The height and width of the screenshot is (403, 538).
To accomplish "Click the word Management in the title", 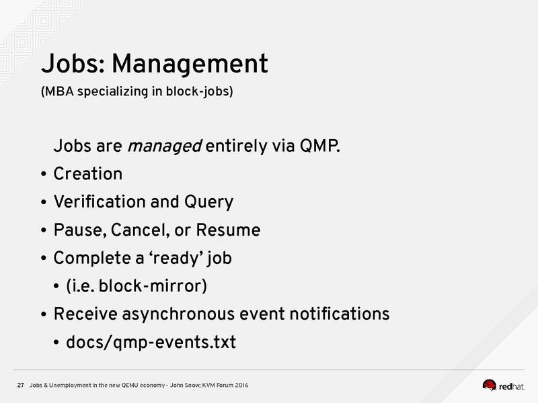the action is coord(190,64).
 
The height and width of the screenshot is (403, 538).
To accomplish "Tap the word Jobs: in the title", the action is coord(73,63).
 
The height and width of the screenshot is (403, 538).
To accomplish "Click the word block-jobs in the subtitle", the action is coord(199,91).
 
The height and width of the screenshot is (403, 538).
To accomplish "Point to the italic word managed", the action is coord(165,146).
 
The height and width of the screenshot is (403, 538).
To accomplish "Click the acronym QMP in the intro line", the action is coord(320,146).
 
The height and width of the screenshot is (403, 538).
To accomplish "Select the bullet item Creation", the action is coord(88,174).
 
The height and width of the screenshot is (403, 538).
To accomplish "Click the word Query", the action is coord(209,202).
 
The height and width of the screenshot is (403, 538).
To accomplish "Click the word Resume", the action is coord(228,230).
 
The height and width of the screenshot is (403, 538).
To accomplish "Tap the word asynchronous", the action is coord(178,314).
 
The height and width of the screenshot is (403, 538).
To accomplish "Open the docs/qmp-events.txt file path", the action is coord(151,343).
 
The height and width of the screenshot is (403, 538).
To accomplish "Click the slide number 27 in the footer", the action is coord(21,385).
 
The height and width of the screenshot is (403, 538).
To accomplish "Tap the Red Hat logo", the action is coord(503,386).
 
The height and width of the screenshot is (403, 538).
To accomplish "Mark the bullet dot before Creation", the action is coord(43,174).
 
